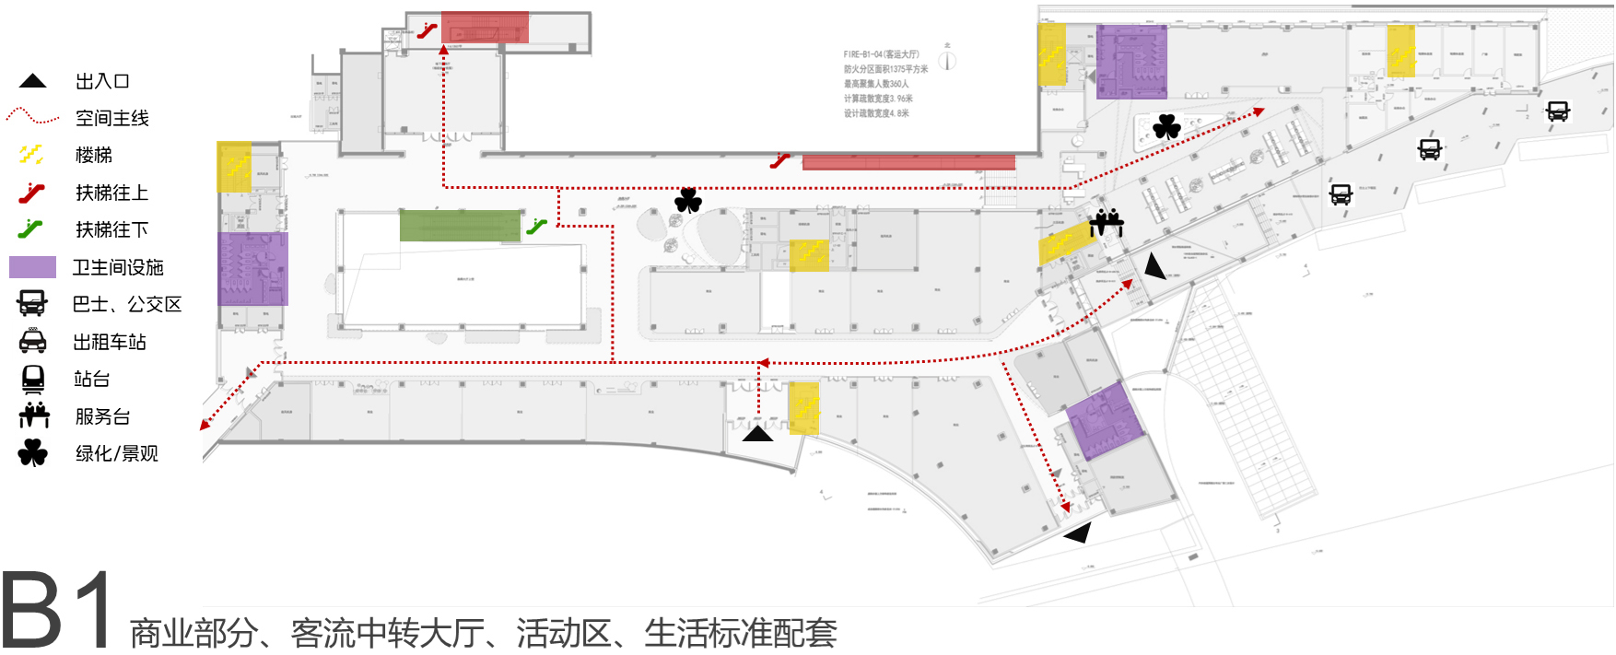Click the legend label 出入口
(102, 81)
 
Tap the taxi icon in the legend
(33, 342)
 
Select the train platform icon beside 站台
(33, 379)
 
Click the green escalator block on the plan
(460, 226)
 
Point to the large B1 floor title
(57, 611)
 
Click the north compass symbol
(947, 60)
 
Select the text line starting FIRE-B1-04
(881, 54)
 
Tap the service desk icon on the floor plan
(1107, 222)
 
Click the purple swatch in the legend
(32, 267)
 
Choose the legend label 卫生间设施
(118, 267)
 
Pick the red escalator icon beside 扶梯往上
(32, 193)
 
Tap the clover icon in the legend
(33, 453)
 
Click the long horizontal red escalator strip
(908, 163)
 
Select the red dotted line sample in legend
(32, 117)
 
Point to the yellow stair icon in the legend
(31, 155)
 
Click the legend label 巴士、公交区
(127, 304)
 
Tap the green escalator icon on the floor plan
(537, 226)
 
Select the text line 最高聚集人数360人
(875, 84)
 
